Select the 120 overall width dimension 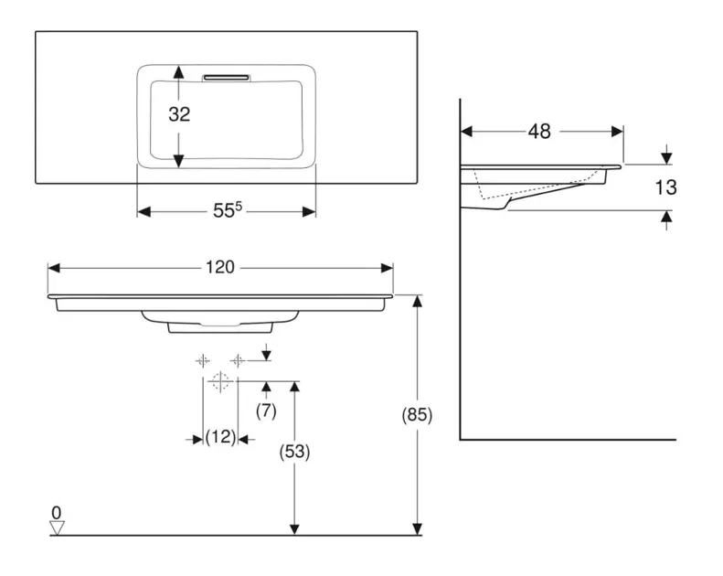(x=219, y=267)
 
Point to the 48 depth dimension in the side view (x=539, y=132)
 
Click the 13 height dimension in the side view (x=666, y=187)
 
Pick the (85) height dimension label (x=417, y=414)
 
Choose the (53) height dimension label (x=293, y=451)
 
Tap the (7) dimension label (x=265, y=411)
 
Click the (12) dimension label (x=219, y=438)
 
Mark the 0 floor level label (x=57, y=512)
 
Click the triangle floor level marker (x=58, y=528)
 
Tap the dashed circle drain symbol (x=219, y=381)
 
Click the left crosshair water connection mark (x=202, y=361)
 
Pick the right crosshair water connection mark (x=237, y=361)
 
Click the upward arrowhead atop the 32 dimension (x=179, y=71)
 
